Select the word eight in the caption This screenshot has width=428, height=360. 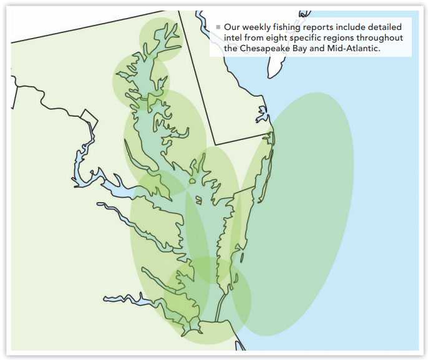(276, 38)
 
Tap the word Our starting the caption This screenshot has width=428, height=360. (232, 27)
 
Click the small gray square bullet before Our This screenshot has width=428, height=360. (218, 27)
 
